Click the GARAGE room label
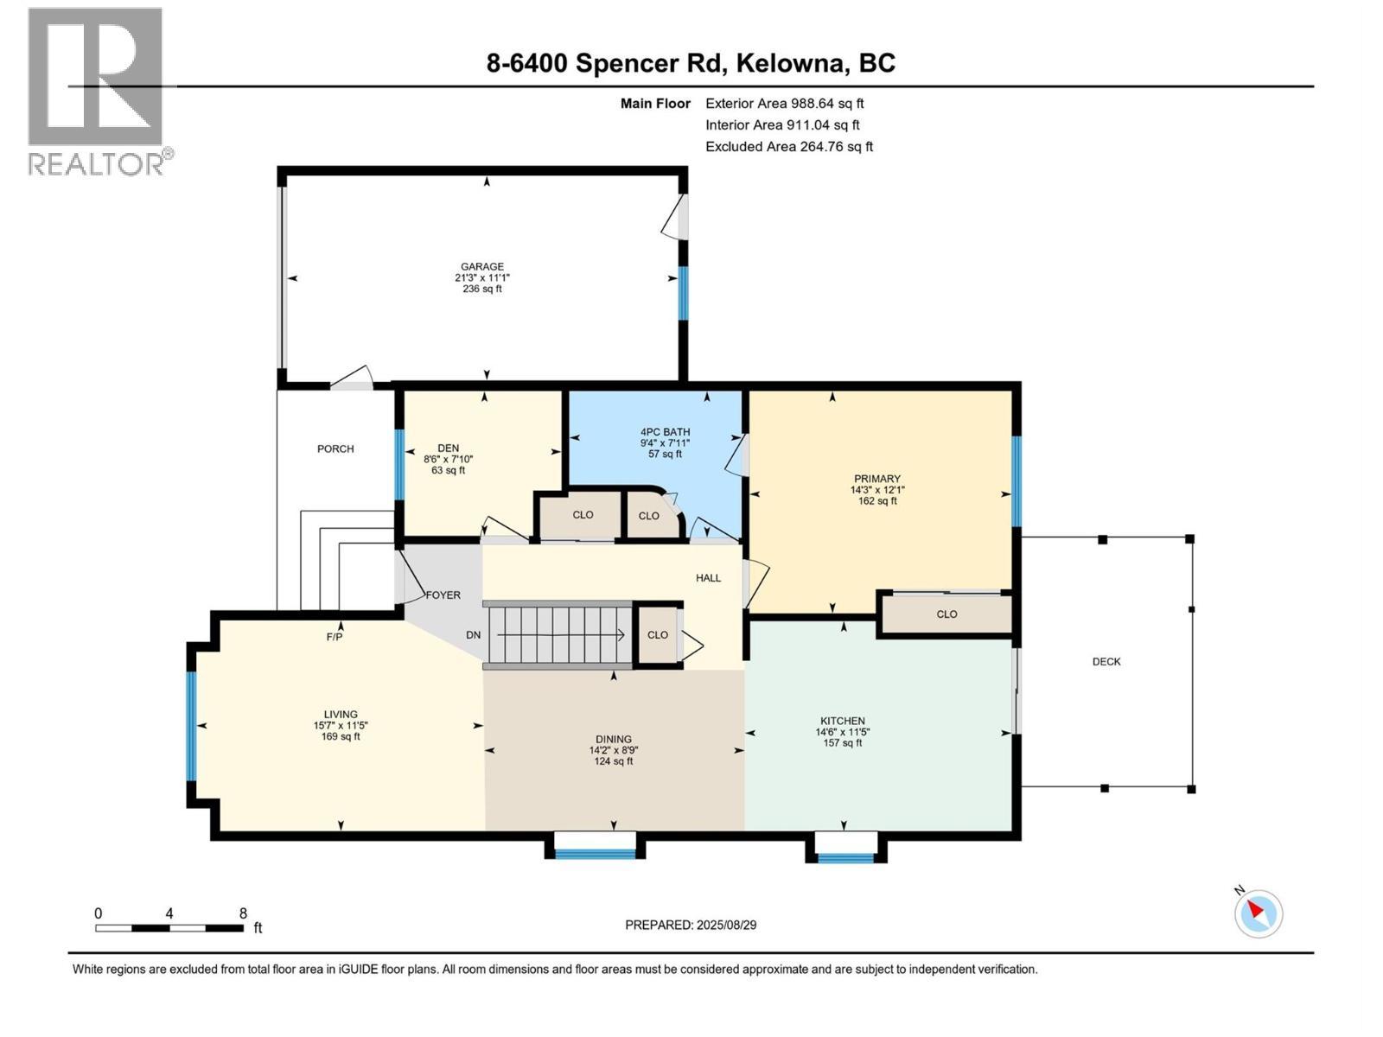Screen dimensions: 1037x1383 [x=481, y=267]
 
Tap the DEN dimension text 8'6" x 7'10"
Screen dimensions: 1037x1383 [x=448, y=460]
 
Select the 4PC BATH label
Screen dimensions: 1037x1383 [x=665, y=432]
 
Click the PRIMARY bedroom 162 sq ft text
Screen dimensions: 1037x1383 [x=877, y=501]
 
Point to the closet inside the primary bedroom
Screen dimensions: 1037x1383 [x=946, y=614]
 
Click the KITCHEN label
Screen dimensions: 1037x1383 [x=842, y=721]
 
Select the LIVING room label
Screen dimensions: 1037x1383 [x=341, y=715]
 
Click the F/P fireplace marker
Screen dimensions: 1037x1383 [x=335, y=637]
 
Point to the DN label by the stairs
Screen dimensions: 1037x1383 [x=473, y=635]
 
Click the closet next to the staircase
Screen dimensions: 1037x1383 [x=658, y=635]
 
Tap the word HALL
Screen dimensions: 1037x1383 [x=708, y=578]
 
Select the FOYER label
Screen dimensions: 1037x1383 [x=443, y=595]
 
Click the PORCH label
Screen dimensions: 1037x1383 [x=335, y=449]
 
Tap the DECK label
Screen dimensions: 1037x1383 [x=1106, y=662]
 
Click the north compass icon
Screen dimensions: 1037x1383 [x=1258, y=913]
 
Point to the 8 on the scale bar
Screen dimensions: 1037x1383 [x=243, y=913]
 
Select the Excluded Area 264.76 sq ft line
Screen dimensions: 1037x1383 [x=788, y=147]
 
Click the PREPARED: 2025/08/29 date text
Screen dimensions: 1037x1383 [x=691, y=925]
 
